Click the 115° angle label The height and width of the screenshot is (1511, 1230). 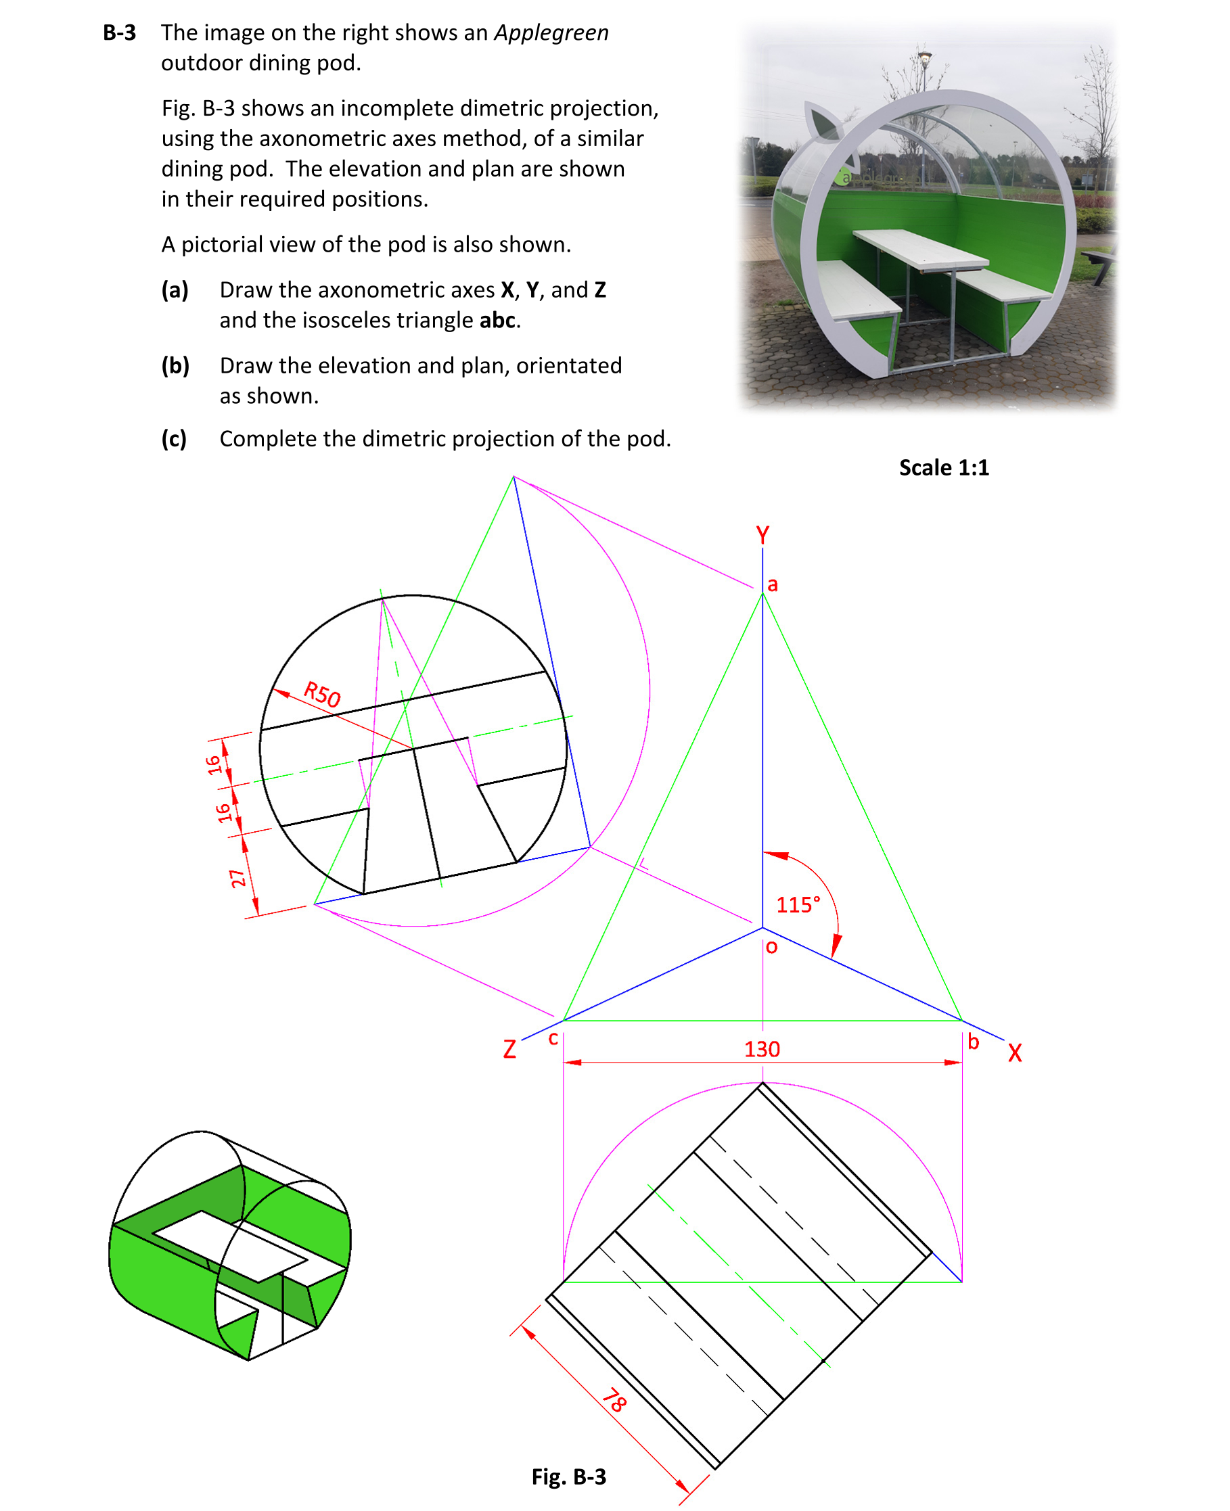(798, 904)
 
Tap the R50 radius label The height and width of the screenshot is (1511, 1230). (322, 694)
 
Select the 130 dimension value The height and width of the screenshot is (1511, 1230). (762, 1048)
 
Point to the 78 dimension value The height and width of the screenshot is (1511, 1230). (614, 1401)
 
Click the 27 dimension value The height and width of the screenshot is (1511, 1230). (238, 879)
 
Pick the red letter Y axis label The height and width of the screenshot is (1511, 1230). (762, 535)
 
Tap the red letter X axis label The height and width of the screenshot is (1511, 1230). (1015, 1052)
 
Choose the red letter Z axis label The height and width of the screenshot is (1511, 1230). (509, 1049)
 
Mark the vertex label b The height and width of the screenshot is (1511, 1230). (973, 1042)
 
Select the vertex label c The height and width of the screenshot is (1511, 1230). (553, 1038)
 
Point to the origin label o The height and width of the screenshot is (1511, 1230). (771, 946)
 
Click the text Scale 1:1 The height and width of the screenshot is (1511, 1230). (943, 467)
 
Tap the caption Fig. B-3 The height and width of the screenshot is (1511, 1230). (568, 1477)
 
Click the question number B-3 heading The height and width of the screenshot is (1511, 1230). (119, 32)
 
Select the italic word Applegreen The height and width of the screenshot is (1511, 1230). (551, 32)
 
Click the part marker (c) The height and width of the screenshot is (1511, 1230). (174, 438)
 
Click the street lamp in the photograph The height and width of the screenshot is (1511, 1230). (924, 60)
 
